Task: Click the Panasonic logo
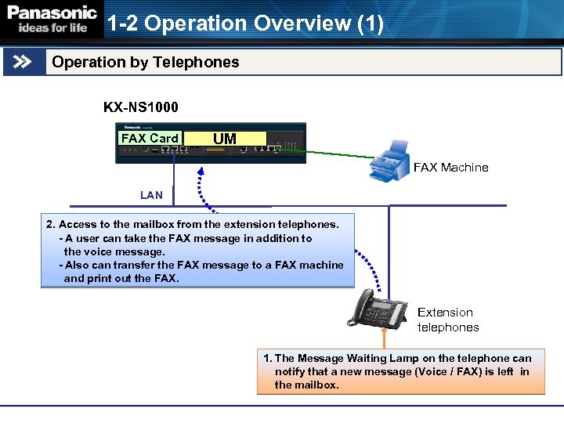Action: click(52, 13)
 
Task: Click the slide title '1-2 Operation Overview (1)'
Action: click(245, 24)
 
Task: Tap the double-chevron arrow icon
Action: click(23, 62)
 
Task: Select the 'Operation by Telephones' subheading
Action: click(146, 62)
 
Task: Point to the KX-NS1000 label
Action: click(141, 107)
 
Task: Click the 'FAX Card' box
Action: click(150, 139)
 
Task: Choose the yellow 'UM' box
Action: click(224, 139)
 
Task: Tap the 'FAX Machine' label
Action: click(450, 167)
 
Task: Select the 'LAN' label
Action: click(151, 195)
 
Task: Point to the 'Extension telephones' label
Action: click(447, 320)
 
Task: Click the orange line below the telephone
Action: click(384, 338)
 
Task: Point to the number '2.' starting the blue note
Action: click(51, 224)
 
